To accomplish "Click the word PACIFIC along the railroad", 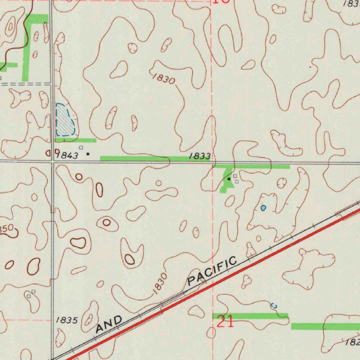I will click(212, 271).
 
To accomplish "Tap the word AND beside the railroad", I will click(110, 324).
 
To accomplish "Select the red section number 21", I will click(225, 322).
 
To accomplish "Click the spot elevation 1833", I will click(200, 156).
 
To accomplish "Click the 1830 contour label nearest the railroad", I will click(160, 282).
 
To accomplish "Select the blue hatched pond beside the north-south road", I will click(65, 120).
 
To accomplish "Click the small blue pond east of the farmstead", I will click(263, 208).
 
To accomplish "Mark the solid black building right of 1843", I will click(88, 154).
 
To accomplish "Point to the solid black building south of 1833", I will click(229, 179).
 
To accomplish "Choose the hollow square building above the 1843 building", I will click(81, 148).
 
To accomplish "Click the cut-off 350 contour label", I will click(6, 229).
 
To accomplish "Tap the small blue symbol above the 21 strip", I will click(274, 306).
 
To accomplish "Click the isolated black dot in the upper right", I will click(310, 66).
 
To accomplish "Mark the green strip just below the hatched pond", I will click(75, 140).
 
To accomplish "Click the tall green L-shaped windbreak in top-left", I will click(26, 49).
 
